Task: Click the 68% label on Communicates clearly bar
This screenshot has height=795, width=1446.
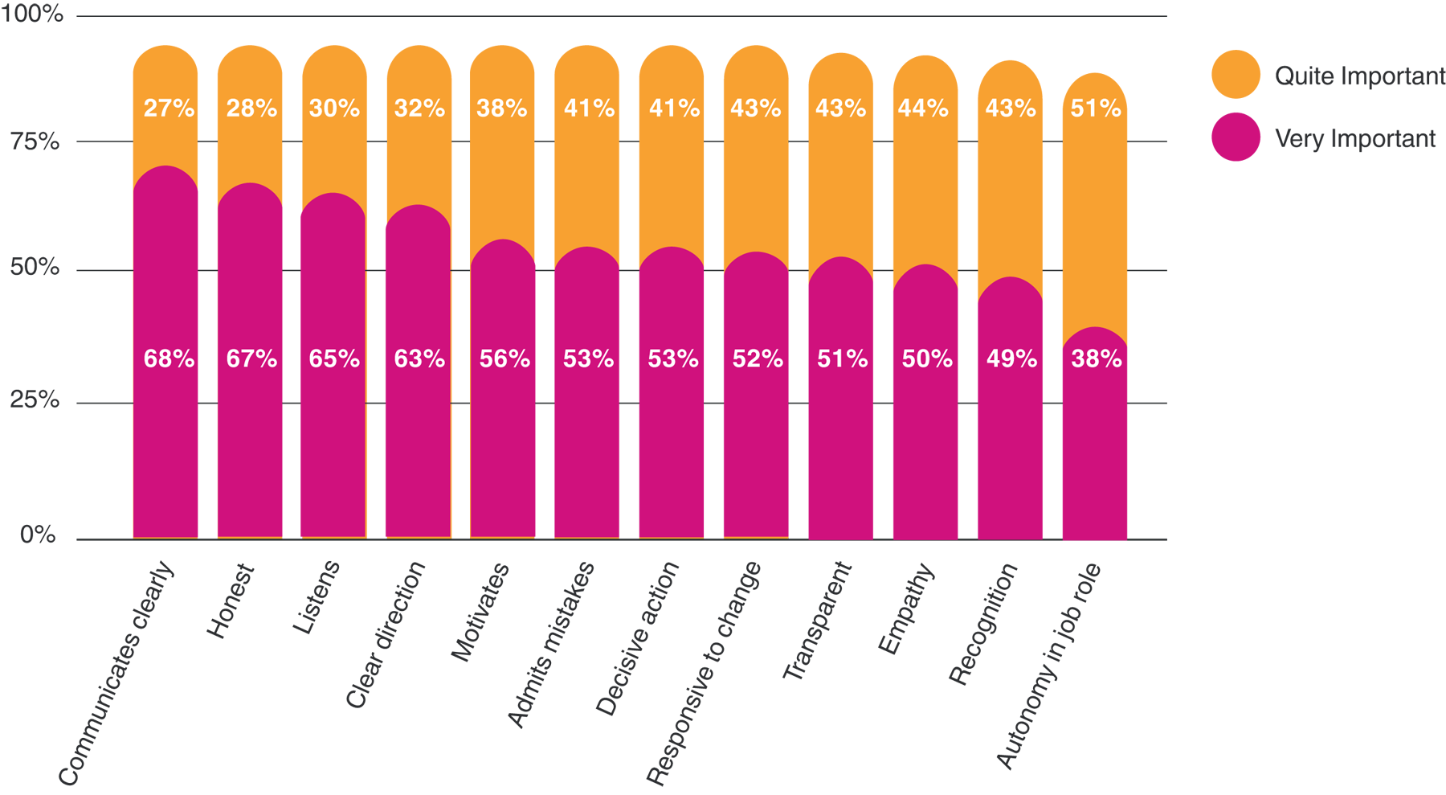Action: point(169,359)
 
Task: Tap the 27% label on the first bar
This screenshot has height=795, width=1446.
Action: point(169,108)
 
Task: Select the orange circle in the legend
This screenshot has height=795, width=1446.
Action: point(1236,75)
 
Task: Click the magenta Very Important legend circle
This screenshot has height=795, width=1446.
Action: point(1236,137)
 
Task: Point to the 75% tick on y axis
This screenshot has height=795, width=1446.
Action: point(35,142)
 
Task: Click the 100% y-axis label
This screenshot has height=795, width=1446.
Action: point(32,14)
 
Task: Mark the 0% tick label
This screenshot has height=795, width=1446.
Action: point(38,535)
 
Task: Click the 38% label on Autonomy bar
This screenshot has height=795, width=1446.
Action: point(1096,359)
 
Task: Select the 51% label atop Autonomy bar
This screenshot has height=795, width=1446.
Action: point(1096,108)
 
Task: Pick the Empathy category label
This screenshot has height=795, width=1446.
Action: point(906,609)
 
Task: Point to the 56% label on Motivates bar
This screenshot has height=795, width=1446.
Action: point(504,359)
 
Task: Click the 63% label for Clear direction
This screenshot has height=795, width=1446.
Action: point(419,359)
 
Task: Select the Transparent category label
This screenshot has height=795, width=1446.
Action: point(816,621)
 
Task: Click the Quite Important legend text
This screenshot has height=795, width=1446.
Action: point(1359,76)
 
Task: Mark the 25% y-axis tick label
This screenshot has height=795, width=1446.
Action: point(35,400)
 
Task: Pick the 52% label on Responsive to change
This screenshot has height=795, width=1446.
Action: point(758,359)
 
